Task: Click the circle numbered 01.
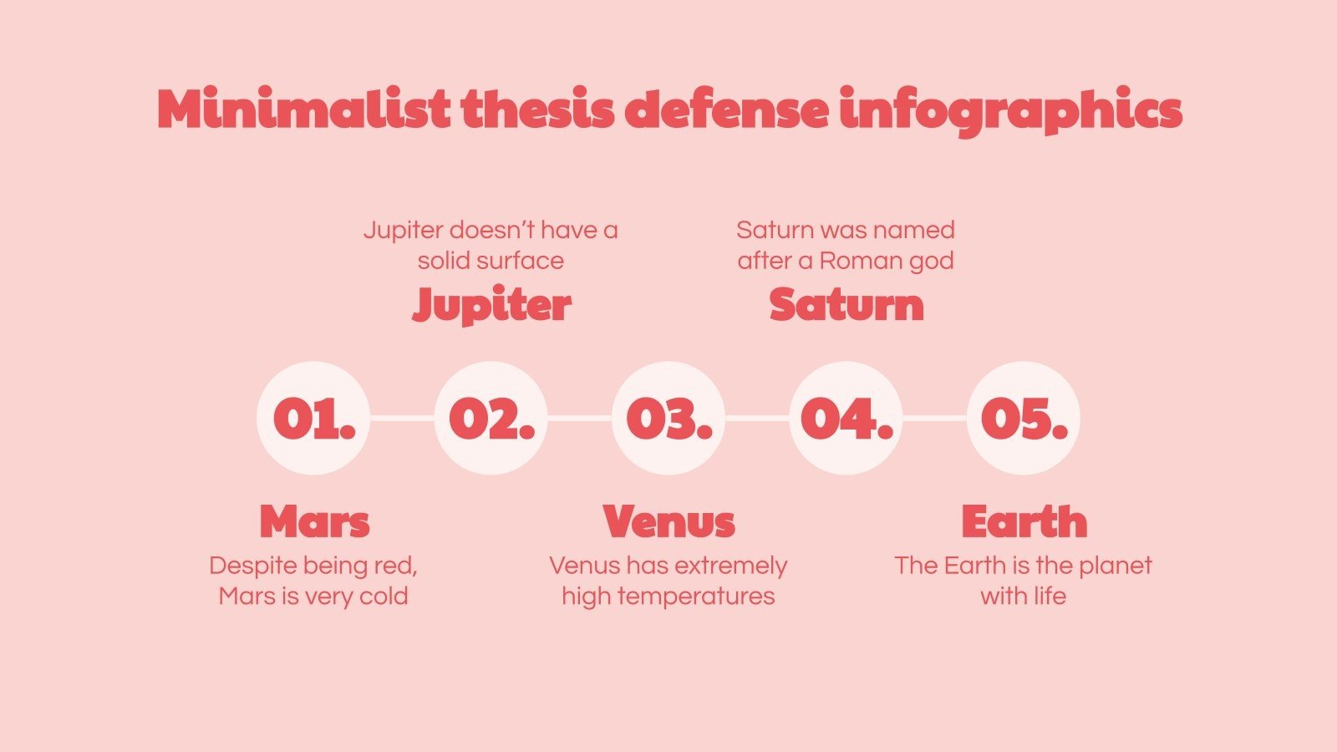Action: click(313, 418)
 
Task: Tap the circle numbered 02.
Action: click(491, 418)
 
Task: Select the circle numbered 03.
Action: click(668, 418)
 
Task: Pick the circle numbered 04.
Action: click(846, 418)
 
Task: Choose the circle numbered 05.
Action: click(1024, 418)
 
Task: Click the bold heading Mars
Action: click(314, 522)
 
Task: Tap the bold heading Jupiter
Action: click(491, 305)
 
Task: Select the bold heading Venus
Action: click(668, 522)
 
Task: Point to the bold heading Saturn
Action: click(846, 305)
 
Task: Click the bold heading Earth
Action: click(1024, 522)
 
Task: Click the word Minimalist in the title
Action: click(303, 109)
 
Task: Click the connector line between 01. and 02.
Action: click(402, 418)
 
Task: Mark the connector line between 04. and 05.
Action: click(934, 418)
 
